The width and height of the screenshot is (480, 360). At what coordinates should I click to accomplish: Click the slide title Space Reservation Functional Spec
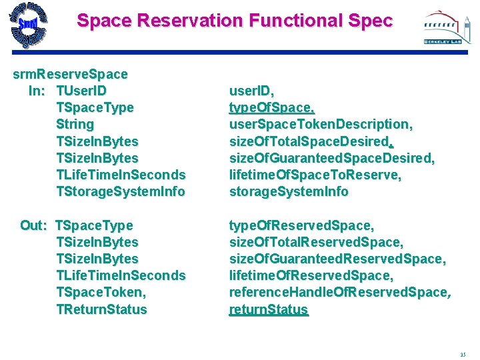[235, 21]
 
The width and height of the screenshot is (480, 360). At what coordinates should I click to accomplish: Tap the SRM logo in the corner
[28, 26]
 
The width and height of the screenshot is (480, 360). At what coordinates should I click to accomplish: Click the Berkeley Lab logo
[443, 28]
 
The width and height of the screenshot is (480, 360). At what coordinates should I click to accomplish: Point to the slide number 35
[463, 354]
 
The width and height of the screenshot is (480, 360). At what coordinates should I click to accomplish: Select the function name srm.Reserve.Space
[70, 73]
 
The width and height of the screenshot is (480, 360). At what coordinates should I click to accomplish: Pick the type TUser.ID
[81, 91]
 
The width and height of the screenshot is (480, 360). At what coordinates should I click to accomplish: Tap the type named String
[75, 124]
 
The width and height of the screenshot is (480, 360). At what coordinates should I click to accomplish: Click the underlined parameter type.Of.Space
[271, 107]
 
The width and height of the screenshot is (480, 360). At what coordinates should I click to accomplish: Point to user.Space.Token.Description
[321, 124]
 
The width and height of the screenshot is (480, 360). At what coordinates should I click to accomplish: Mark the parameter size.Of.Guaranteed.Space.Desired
[331, 158]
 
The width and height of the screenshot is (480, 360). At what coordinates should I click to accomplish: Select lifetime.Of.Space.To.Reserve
[315, 175]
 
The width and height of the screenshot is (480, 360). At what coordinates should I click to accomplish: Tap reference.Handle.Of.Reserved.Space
[339, 293]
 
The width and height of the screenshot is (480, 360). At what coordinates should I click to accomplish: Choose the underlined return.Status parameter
[269, 309]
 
